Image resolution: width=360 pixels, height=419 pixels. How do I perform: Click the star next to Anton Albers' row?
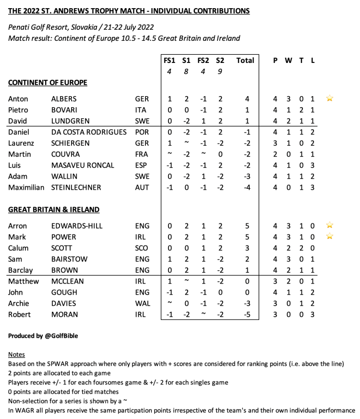click(329, 99)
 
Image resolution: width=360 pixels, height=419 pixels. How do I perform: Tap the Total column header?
click(245, 61)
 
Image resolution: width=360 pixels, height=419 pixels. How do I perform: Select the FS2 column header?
click(203, 61)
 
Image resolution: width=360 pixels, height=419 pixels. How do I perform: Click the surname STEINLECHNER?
click(76, 187)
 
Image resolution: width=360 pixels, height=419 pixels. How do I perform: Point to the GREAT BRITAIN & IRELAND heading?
click(54, 209)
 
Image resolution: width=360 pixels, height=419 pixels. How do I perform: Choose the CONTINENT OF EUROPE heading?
click(48, 83)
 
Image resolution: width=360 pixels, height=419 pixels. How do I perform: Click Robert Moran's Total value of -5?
click(245, 314)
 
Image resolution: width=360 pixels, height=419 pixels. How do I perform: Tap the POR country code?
click(142, 132)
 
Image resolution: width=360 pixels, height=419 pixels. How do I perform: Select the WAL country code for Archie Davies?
click(143, 303)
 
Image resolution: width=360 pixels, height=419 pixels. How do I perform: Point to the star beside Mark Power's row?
click(329, 237)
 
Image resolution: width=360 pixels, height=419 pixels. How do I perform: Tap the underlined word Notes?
click(16, 354)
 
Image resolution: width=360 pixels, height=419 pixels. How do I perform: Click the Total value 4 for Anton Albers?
click(247, 99)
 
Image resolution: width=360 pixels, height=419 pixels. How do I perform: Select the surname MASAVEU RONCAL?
click(83, 165)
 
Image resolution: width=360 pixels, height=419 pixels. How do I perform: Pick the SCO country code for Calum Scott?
click(143, 248)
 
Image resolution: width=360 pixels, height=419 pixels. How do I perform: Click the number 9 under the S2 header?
click(220, 72)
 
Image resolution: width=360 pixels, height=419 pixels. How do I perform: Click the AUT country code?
click(142, 187)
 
